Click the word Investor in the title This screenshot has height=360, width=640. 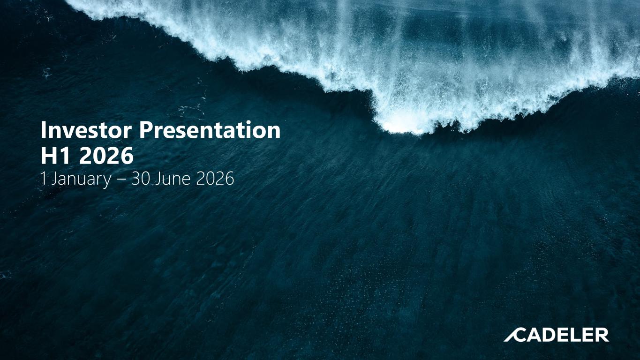point(86,130)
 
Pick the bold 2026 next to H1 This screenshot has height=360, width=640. point(106,156)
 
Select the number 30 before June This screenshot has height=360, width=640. point(141,179)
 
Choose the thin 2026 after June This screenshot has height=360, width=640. point(215,179)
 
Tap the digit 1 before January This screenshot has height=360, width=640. point(44,179)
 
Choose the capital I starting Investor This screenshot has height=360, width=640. point(43,130)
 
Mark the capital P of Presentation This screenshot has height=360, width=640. point(145,130)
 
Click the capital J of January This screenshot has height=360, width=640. point(54,179)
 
